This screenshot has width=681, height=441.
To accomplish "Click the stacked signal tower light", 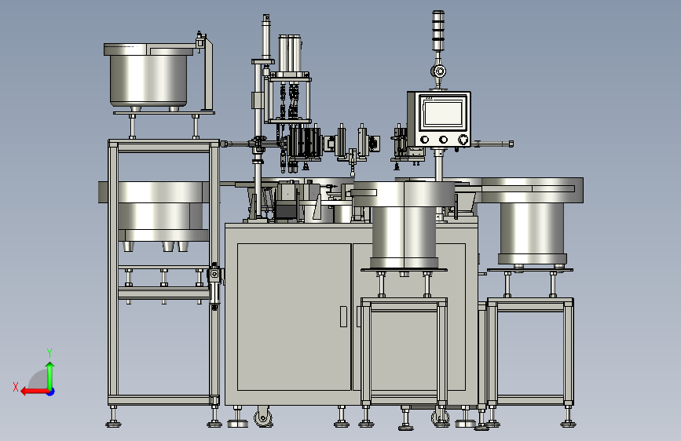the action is [x=438, y=31].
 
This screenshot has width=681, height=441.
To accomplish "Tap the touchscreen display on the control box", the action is [x=443, y=113].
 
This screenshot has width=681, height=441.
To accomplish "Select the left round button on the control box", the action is [x=425, y=140].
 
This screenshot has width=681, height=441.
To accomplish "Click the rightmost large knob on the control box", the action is [x=463, y=140].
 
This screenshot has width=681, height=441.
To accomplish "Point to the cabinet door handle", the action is [x=343, y=316].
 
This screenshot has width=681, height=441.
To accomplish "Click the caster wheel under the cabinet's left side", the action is [x=263, y=417].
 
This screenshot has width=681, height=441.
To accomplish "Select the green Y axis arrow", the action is [x=50, y=376].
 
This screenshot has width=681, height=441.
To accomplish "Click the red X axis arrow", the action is [x=35, y=392].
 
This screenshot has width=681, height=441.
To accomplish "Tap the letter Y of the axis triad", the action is [x=49, y=352].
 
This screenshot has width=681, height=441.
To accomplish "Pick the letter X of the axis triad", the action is [x=16, y=387].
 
